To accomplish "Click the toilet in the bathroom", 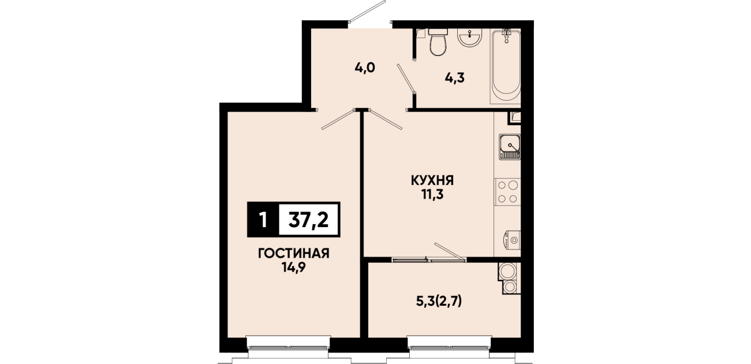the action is pos(438,42).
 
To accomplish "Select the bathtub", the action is pos(506,66).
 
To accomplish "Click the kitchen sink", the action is pos(510,147).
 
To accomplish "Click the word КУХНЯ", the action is pos(432,180).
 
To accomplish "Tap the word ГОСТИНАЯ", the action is pos(294,253).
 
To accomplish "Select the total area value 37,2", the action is pos(308,220).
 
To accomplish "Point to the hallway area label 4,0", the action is pos(365,68).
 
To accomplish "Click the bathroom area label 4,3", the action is pos(455,78).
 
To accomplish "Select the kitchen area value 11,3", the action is pos(432,195).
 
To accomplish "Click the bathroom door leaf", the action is pos(406,78).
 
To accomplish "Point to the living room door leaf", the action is pos(338,119).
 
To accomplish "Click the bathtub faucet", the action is pos(506,35).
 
